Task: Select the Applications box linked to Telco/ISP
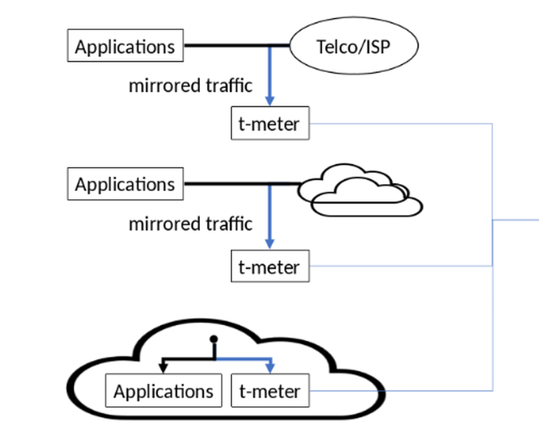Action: point(125,46)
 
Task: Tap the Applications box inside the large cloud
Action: point(163,391)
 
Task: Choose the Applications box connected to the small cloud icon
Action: point(125,184)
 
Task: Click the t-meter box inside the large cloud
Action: point(270,391)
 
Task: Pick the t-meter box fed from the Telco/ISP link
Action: point(270,124)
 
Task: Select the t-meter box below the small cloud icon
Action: point(270,266)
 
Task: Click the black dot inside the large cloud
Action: point(213,339)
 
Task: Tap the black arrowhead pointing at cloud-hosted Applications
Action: point(162,368)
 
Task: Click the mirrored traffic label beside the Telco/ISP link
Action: point(190,85)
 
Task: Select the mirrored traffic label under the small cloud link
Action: point(190,224)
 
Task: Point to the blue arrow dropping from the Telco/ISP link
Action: point(270,75)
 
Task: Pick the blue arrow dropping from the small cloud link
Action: point(270,215)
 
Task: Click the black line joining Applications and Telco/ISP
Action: point(226,46)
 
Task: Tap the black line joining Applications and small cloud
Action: point(226,184)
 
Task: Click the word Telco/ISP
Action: point(354,46)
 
